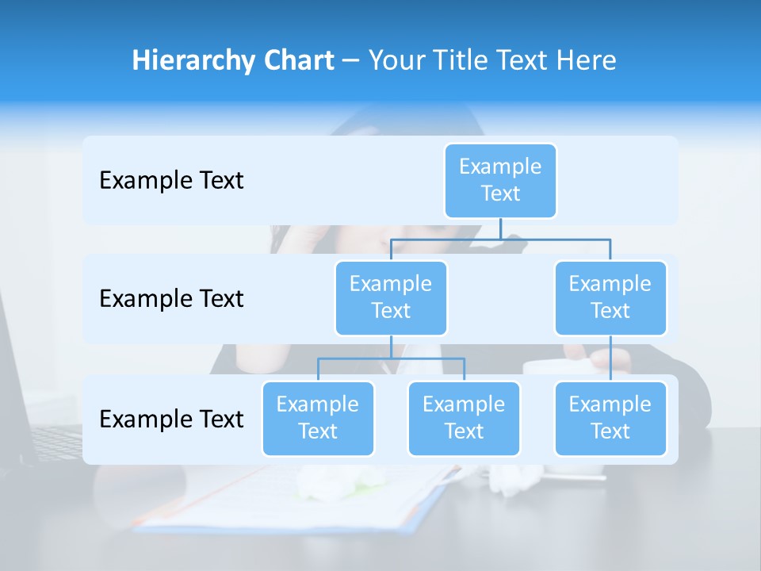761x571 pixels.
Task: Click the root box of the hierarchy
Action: tap(500, 181)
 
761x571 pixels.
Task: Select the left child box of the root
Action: tap(391, 298)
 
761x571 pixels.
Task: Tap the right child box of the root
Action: tap(610, 298)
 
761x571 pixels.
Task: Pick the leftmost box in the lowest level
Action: tap(318, 419)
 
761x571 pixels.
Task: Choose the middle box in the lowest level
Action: tap(464, 419)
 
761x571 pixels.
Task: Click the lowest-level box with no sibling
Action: tap(610, 419)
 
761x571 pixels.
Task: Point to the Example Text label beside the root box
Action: tap(171, 181)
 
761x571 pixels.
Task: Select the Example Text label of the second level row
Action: tap(171, 299)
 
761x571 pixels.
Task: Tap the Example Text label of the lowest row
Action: tap(171, 419)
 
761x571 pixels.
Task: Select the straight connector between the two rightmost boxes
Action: tap(610, 358)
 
